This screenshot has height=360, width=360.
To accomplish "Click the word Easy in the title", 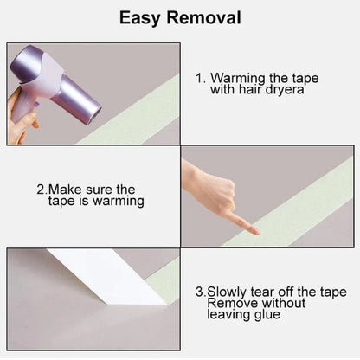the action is click(x=139, y=18).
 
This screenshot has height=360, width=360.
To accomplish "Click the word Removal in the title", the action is click(x=203, y=17).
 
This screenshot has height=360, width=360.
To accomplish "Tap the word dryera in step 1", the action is click(x=285, y=90).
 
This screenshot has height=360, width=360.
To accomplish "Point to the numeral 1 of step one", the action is click(x=199, y=78).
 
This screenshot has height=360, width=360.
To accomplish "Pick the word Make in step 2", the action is click(x=65, y=190).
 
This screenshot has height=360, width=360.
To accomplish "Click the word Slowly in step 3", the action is click(x=227, y=292).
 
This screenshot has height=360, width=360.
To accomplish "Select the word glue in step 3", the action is click(x=267, y=315).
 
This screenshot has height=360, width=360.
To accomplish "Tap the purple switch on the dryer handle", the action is click(x=36, y=105).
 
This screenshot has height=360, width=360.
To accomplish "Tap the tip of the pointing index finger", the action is click(x=257, y=232).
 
